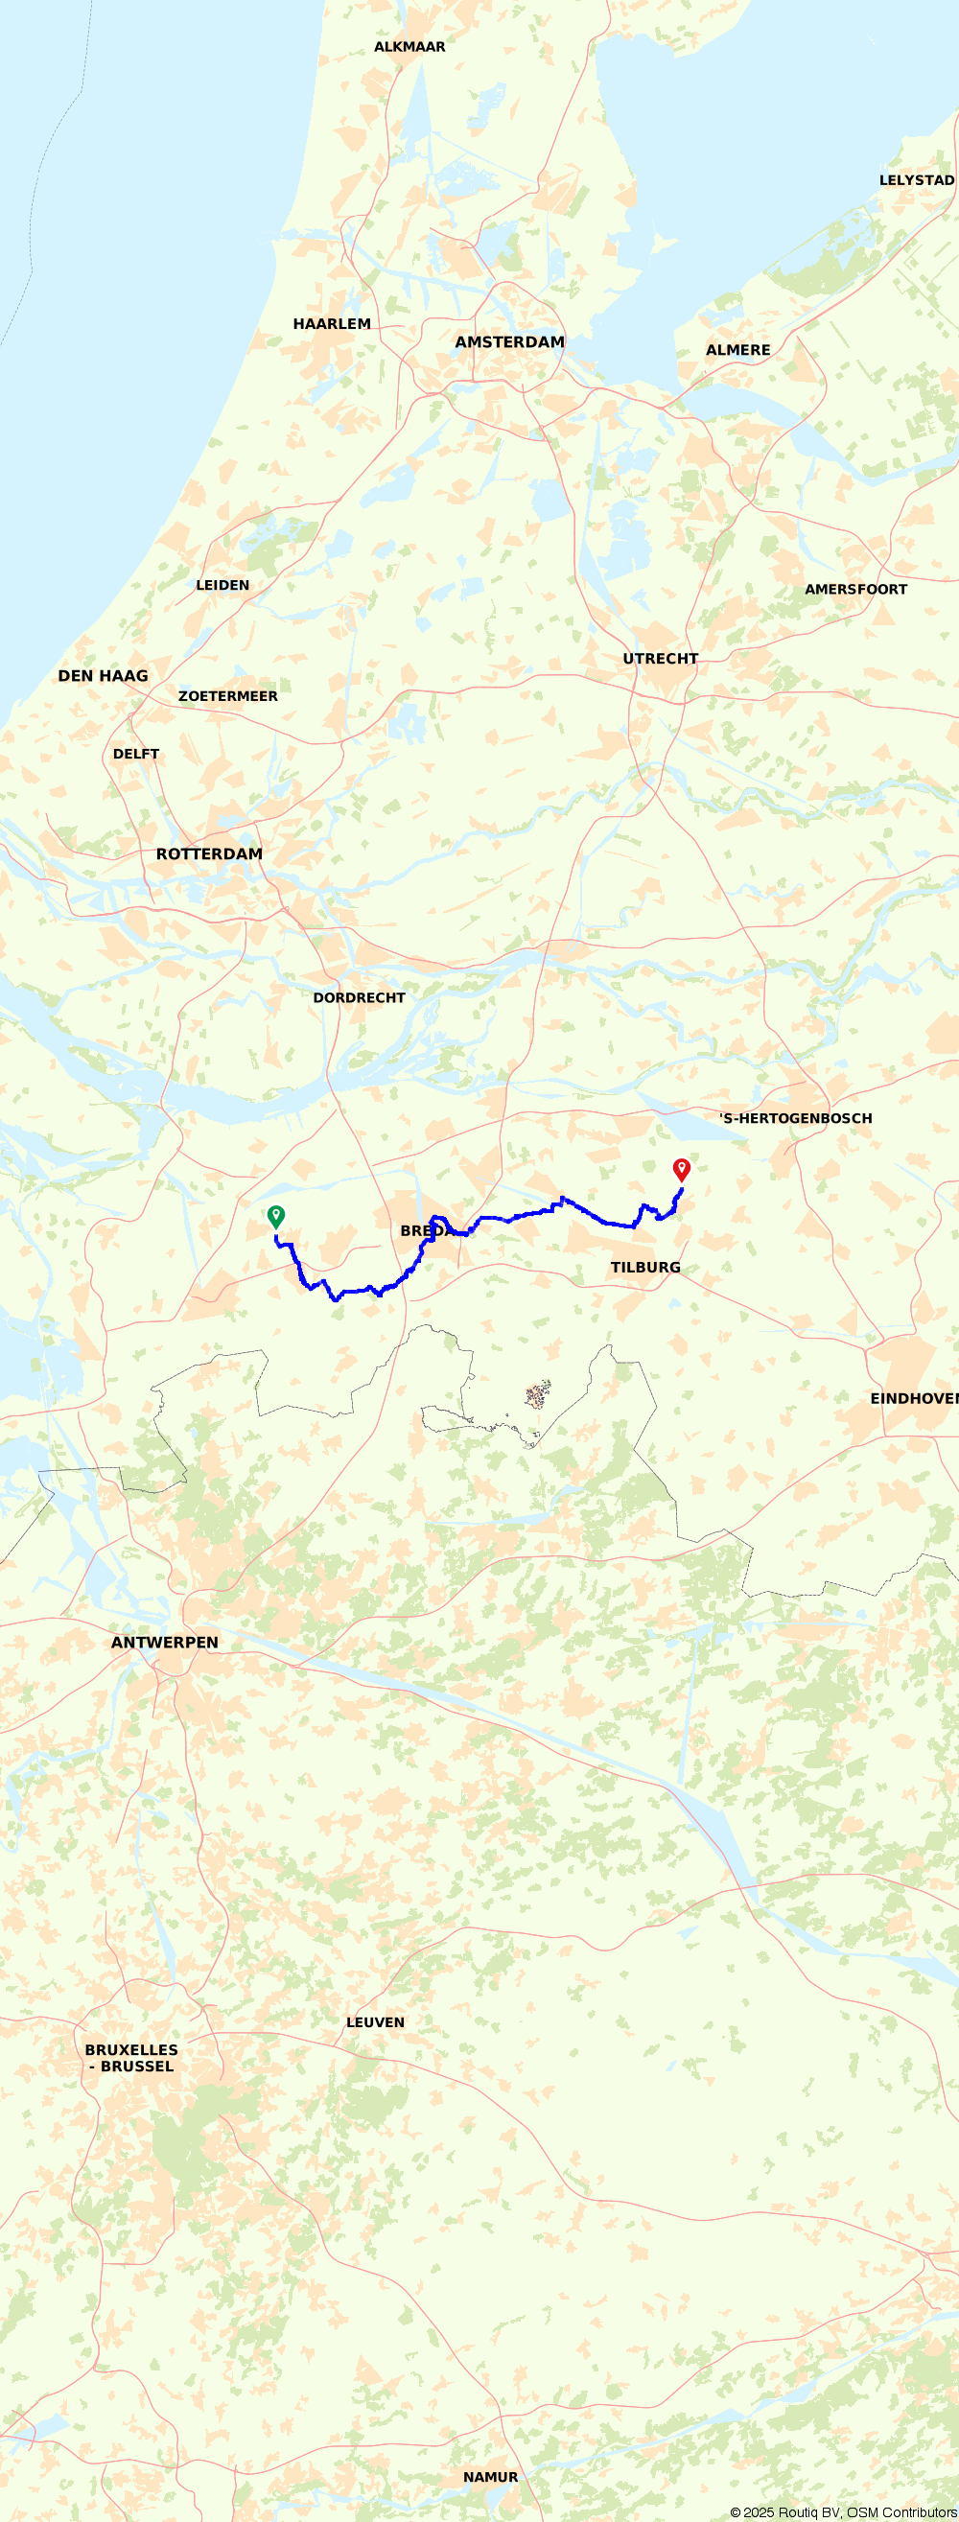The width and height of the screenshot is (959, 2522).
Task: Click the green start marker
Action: point(276,1216)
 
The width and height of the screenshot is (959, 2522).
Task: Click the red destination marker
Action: point(682,1169)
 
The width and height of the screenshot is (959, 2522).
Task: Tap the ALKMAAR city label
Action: point(409,47)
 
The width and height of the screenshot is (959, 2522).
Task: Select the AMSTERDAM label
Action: point(509,342)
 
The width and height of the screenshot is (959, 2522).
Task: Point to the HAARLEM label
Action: point(332,324)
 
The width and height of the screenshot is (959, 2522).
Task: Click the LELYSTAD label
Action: point(916,180)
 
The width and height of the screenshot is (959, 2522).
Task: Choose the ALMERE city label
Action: point(737,351)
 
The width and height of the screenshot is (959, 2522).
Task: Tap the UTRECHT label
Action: point(660,659)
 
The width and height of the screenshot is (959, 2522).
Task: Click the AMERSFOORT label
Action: point(855,590)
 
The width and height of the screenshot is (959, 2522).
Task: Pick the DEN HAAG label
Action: point(103,676)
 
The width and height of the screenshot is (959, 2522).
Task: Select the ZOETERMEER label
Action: point(227,696)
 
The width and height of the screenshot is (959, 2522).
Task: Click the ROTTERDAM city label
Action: point(210,853)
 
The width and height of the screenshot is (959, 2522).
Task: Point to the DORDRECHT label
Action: point(359,997)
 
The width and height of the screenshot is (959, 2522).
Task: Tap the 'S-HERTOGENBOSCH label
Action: point(795,1118)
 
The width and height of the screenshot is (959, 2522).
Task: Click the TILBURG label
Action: point(644,1268)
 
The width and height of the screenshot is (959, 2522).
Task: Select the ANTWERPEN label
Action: point(165,1643)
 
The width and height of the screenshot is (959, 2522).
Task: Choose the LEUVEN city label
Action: point(375,2021)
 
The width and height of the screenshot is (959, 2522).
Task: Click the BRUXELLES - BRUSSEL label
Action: point(131,2058)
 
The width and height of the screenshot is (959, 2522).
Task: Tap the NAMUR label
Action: point(490,2477)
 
